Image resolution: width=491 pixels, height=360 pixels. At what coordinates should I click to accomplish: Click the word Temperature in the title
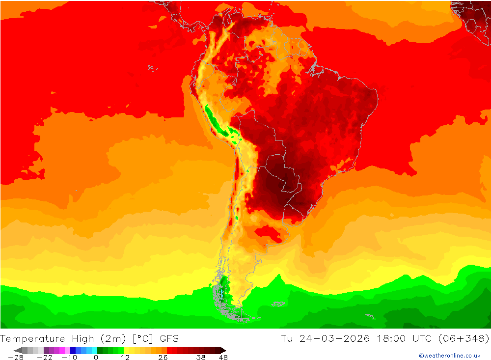click(x=32, y=338)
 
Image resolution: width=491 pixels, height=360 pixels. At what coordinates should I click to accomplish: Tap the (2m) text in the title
click(x=111, y=338)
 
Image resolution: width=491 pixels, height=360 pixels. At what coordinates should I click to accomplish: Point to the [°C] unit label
click(x=142, y=338)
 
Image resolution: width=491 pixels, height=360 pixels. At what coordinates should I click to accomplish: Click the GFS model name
click(x=168, y=338)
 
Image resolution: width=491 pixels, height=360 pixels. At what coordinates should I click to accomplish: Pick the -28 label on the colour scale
click(x=16, y=358)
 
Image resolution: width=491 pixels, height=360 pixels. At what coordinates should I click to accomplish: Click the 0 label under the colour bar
click(x=96, y=358)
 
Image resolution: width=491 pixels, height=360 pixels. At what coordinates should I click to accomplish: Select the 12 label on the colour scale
click(x=125, y=358)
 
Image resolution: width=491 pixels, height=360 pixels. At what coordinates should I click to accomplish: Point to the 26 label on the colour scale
click(x=163, y=358)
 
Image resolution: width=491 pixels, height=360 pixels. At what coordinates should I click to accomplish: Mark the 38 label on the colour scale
click(x=201, y=358)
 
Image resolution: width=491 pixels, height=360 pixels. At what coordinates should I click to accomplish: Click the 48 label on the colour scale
click(x=223, y=358)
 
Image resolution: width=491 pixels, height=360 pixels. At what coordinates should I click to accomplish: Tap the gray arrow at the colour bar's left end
click(x=17, y=350)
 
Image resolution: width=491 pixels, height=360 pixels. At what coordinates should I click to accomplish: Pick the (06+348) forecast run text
click(x=464, y=338)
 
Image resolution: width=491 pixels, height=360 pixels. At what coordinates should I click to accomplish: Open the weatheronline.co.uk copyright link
click(x=449, y=356)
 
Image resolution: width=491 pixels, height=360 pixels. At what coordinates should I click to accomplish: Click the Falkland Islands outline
click(x=279, y=304)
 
